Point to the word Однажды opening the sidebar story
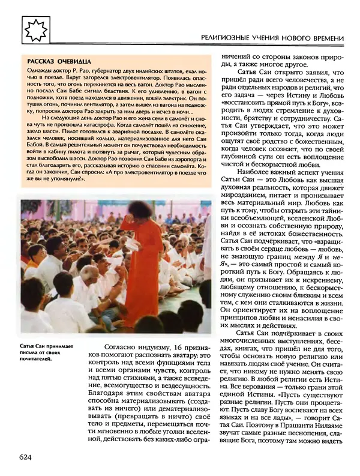coord(40,71)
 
